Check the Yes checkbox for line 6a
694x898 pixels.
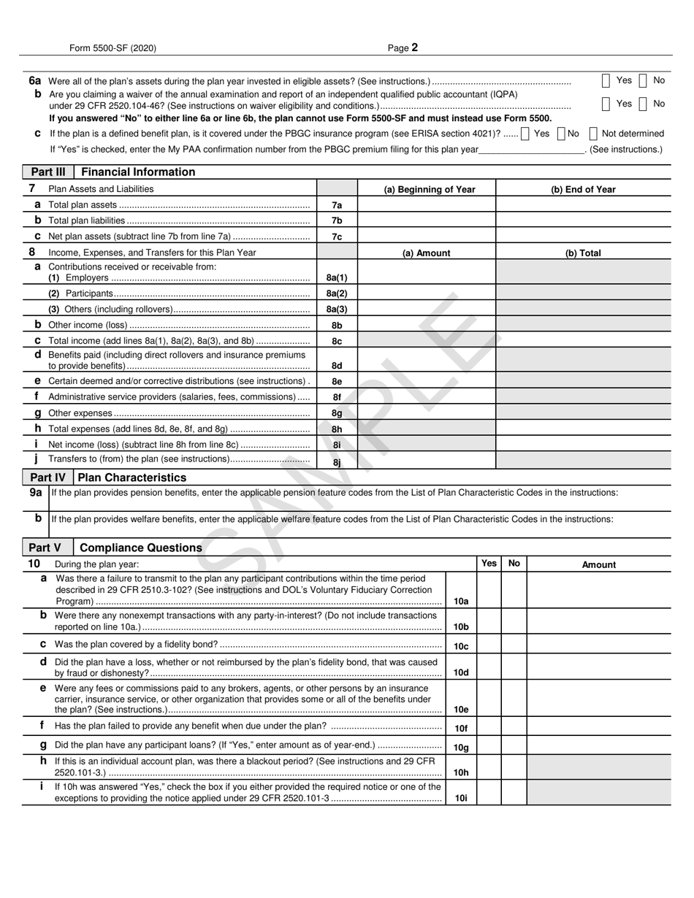coord(606,81)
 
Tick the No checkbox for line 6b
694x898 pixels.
coord(643,104)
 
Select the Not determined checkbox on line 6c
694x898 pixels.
coord(593,134)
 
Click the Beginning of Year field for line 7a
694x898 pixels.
coord(426,205)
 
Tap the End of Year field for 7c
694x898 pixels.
coord(583,237)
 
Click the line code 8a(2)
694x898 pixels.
coord(337,293)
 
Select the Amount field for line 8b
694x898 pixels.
coord(426,326)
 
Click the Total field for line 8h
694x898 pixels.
coord(583,429)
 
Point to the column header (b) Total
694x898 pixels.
coord(583,253)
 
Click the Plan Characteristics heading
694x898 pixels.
coord(131,477)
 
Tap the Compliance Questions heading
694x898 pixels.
coord(140,548)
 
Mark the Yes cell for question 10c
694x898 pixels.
coord(489,645)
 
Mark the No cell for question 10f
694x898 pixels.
coord(514,727)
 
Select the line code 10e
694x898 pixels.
coord(461,710)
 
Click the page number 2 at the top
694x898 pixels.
coord(414,48)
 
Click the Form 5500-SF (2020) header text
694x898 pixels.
coord(113,48)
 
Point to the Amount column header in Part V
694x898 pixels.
coord(598,564)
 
